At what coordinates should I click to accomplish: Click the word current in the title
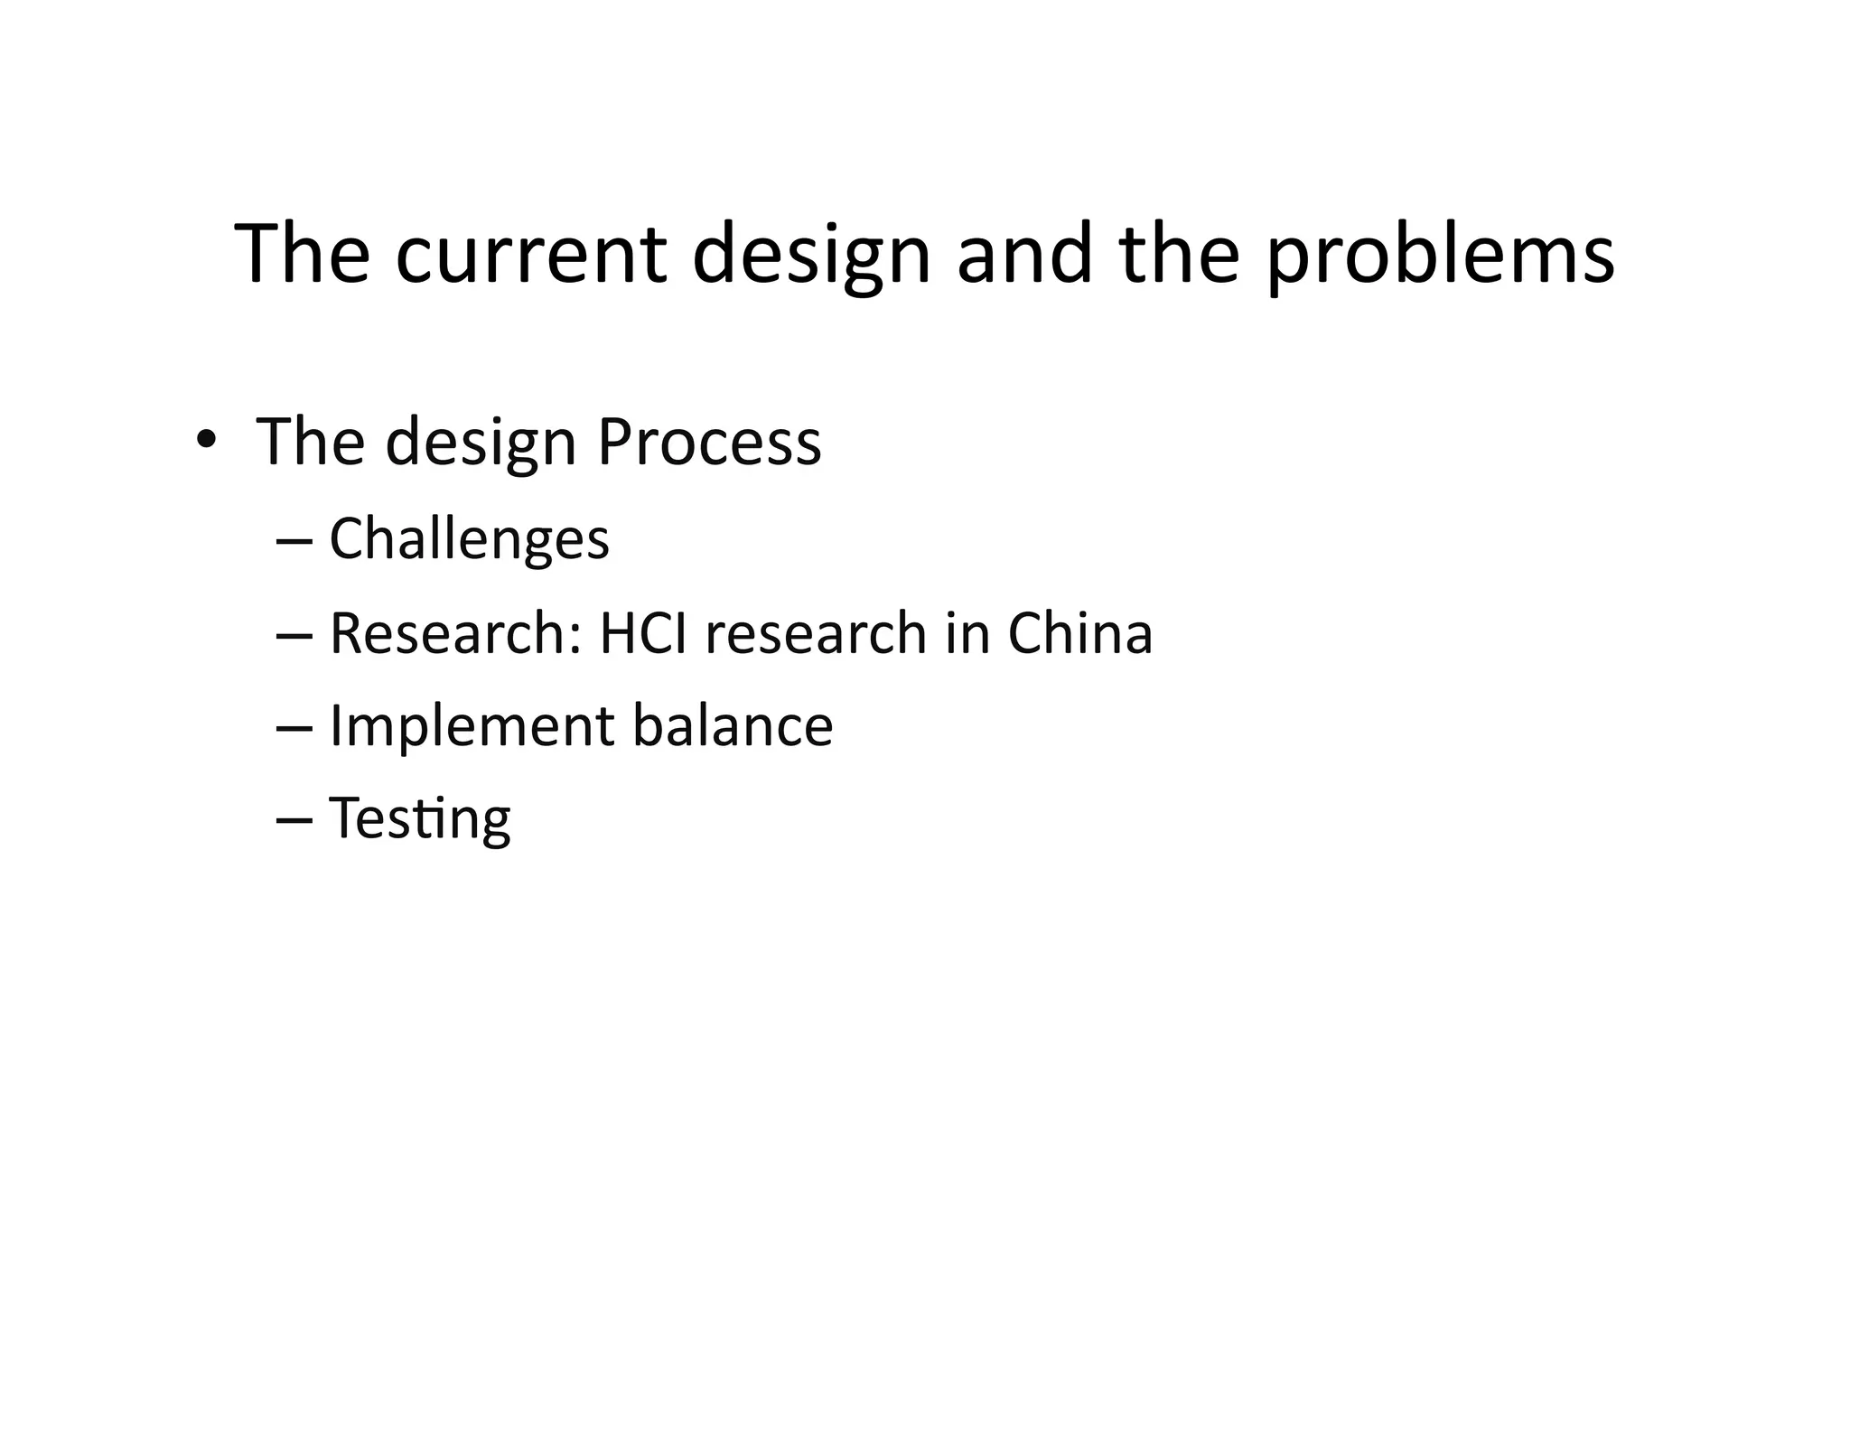click(530, 255)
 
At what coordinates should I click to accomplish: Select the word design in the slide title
click(811, 255)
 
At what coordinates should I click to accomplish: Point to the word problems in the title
click(1440, 255)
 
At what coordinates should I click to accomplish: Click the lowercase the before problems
click(1179, 255)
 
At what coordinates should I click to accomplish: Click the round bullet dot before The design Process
click(206, 440)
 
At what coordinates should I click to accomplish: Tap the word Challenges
click(469, 539)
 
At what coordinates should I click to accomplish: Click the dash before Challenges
click(294, 542)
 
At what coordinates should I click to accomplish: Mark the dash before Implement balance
click(294, 728)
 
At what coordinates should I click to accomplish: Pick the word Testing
click(419, 818)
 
